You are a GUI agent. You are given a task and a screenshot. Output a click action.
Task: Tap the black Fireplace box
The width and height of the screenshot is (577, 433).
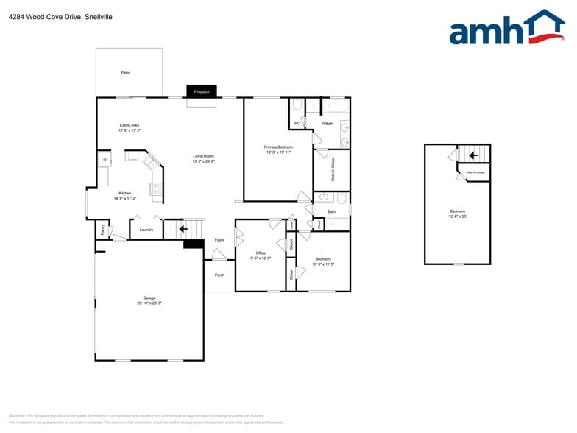pos(201,92)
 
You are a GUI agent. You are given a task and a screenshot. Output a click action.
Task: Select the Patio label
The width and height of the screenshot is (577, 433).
pos(125,73)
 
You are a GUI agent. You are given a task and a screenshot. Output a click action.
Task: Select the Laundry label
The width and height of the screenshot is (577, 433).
pos(146,230)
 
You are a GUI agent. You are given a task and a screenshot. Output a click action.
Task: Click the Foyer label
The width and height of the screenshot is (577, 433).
pos(219,240)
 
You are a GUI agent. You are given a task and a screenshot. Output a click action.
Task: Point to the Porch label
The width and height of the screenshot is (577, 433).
pos(219,275)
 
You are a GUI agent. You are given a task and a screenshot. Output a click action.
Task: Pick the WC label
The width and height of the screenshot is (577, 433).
pos(297,123)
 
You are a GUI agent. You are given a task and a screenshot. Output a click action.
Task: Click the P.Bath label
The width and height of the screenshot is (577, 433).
pos(328,123)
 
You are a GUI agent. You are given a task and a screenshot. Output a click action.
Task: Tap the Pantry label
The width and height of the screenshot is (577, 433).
pos(102,229)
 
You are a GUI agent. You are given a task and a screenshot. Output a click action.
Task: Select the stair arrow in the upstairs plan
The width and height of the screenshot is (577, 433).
pos(474,155)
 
